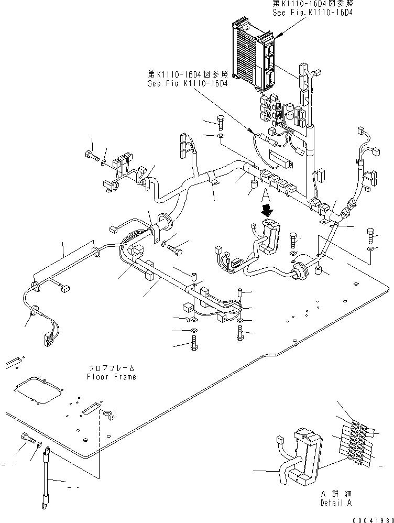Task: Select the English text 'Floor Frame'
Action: pos(112,377)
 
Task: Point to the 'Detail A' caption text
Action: pos(336,503)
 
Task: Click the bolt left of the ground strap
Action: pos(27,438)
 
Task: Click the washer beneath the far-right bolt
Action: pos(371,248)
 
